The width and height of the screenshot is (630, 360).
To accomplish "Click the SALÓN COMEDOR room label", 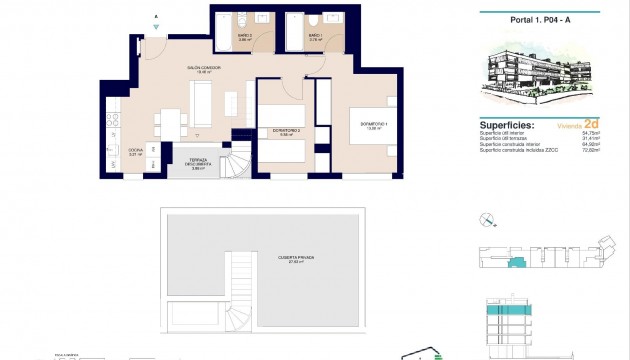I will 203,70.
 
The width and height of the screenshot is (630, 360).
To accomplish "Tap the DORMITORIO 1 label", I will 373,126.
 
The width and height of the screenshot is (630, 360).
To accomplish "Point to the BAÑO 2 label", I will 244,38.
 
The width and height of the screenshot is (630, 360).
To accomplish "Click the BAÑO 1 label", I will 314,38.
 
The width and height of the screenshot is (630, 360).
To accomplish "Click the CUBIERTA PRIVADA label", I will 296,259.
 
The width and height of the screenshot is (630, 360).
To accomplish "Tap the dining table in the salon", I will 171,121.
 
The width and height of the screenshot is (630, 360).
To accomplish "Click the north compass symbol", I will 487,221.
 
